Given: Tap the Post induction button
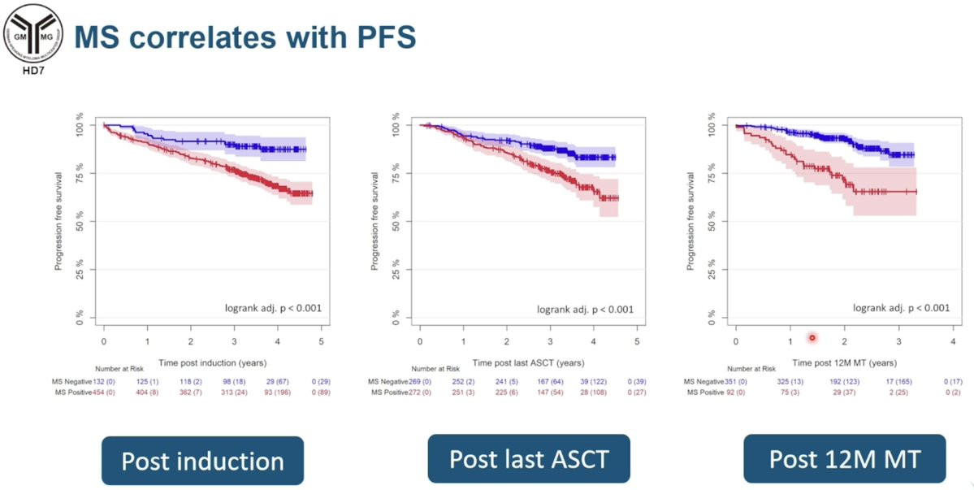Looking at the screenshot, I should (x=202, y=462).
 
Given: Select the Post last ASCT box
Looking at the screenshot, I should (x=529, y=460).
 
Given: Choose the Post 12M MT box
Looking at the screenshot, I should (x=844, y=460).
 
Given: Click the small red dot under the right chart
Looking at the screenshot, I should (x=812, y=337).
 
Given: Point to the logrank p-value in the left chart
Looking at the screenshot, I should (x=273, y=308).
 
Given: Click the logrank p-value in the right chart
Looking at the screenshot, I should (x=901, y=308).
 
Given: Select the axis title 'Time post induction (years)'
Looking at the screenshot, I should (x=212, y=362).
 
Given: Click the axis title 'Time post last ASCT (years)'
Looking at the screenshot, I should (x=528, y=362).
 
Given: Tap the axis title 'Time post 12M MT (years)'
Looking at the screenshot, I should (x=844, y=362).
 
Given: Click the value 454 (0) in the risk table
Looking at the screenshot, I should (x=110, y=392).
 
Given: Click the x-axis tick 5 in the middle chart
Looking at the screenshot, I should (x=637, y=341).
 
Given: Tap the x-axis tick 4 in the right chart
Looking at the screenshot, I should (x=952, y=341).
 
